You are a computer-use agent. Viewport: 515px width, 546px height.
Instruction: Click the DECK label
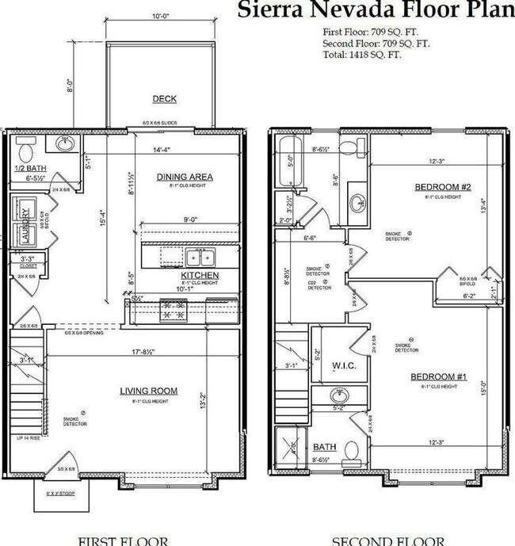(x=165, y=99)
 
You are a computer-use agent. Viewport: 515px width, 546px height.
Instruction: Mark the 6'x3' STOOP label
(x=52, y=494)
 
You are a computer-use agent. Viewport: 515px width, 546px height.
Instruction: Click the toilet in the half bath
(x=24, y=151)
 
